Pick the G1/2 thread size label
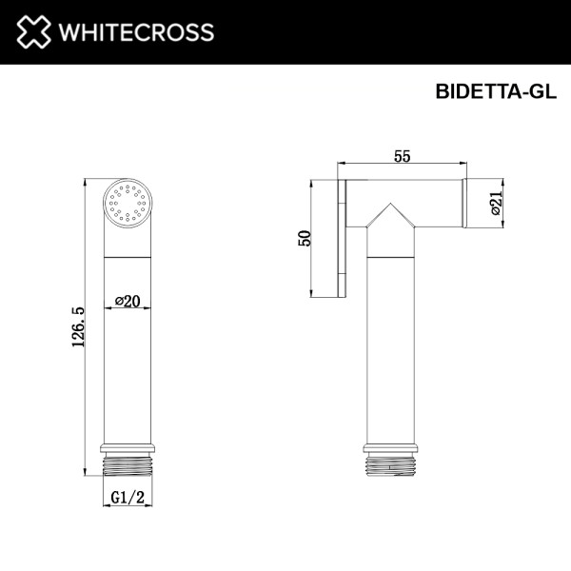pyautogui.click(x=126, y=498)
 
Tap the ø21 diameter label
pyautogui.click(x=497, y=203)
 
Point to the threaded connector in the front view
pyautogui.click(x=127, y=465)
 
